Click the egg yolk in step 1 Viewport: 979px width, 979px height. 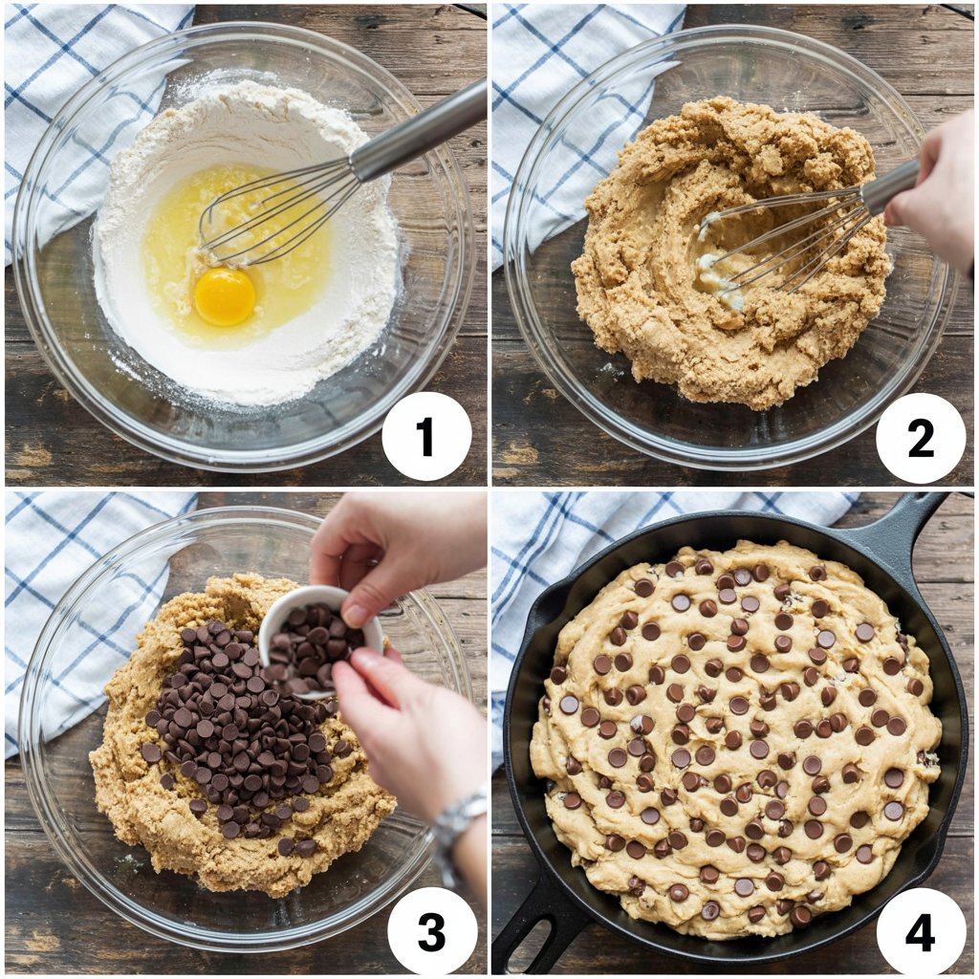click(x=225, y=297)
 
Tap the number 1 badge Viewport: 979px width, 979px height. click(x=426, y=436)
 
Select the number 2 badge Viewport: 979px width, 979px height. click(x=921, y=439)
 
